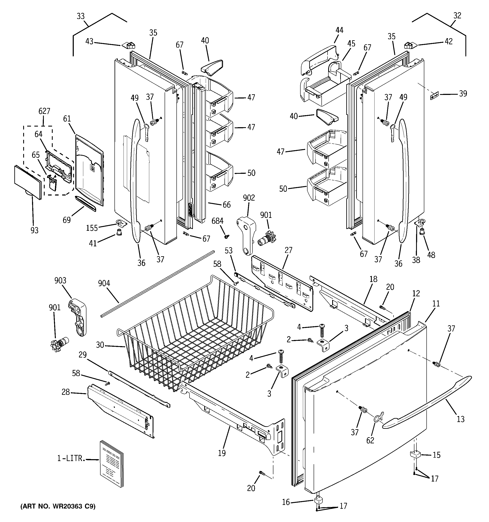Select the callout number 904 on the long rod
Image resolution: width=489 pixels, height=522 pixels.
[104, 283]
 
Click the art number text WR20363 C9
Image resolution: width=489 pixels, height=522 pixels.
[58, 506]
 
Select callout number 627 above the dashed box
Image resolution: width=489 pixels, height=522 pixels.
[44, 111]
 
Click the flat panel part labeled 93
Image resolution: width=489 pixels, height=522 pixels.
[28, 182]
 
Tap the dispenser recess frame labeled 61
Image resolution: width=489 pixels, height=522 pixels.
[89, 171]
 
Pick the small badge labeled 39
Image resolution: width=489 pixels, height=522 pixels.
[435, 96]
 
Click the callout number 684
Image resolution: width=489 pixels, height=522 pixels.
[217, 221]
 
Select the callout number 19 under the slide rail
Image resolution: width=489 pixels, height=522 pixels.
[222, 453]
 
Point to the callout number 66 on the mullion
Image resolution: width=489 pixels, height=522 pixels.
[227, 205]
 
